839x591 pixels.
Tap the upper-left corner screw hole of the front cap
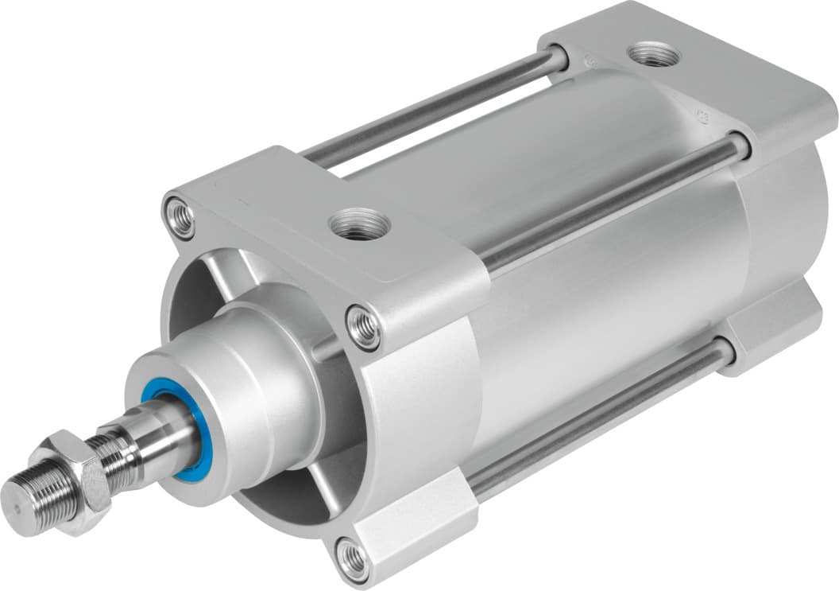coord(180,216)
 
